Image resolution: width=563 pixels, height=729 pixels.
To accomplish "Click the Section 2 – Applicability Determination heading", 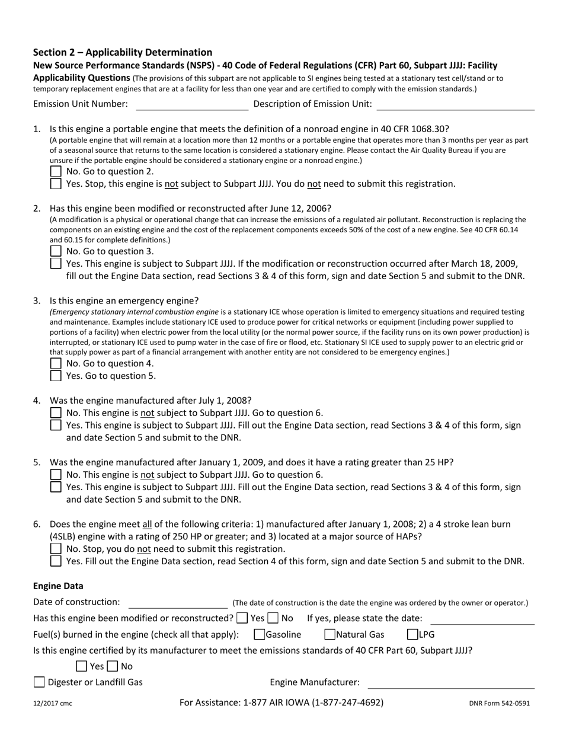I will click(123, 52).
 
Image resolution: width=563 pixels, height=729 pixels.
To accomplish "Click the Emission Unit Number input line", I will click(192, 105).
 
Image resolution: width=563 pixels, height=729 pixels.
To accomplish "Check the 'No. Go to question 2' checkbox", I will click(56, 171).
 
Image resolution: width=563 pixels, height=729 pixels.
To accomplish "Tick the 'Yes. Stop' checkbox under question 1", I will click(56, 184).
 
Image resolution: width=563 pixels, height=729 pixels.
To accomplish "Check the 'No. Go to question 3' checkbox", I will click(56, 251).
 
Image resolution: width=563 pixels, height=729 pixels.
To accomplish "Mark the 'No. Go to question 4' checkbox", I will click(56, 363).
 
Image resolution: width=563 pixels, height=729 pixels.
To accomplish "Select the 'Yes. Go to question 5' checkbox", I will click(56, 376).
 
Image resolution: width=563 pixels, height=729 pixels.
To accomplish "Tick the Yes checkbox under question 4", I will click(56, 425).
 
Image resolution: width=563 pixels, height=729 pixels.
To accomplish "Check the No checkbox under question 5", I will click(56, 475).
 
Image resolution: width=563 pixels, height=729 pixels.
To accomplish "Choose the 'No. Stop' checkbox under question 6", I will click(56, 549).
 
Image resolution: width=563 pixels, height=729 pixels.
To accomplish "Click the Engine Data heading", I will click(58, 586).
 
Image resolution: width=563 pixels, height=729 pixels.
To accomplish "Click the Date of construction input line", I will click(178, 603).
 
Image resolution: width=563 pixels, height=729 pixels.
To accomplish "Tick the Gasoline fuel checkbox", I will click(259, 635).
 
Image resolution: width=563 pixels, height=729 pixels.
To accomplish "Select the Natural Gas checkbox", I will click(330, 635).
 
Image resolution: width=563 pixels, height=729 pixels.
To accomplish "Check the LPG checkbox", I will click(412, 635).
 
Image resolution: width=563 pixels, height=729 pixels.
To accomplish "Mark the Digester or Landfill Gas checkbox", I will click(39, 682).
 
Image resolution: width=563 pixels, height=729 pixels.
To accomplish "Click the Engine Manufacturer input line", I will click(451, 683).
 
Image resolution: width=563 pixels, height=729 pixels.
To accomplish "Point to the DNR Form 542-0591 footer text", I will click(499, 704).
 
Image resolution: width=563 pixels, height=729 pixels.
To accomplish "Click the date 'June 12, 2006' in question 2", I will click(303, 208).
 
